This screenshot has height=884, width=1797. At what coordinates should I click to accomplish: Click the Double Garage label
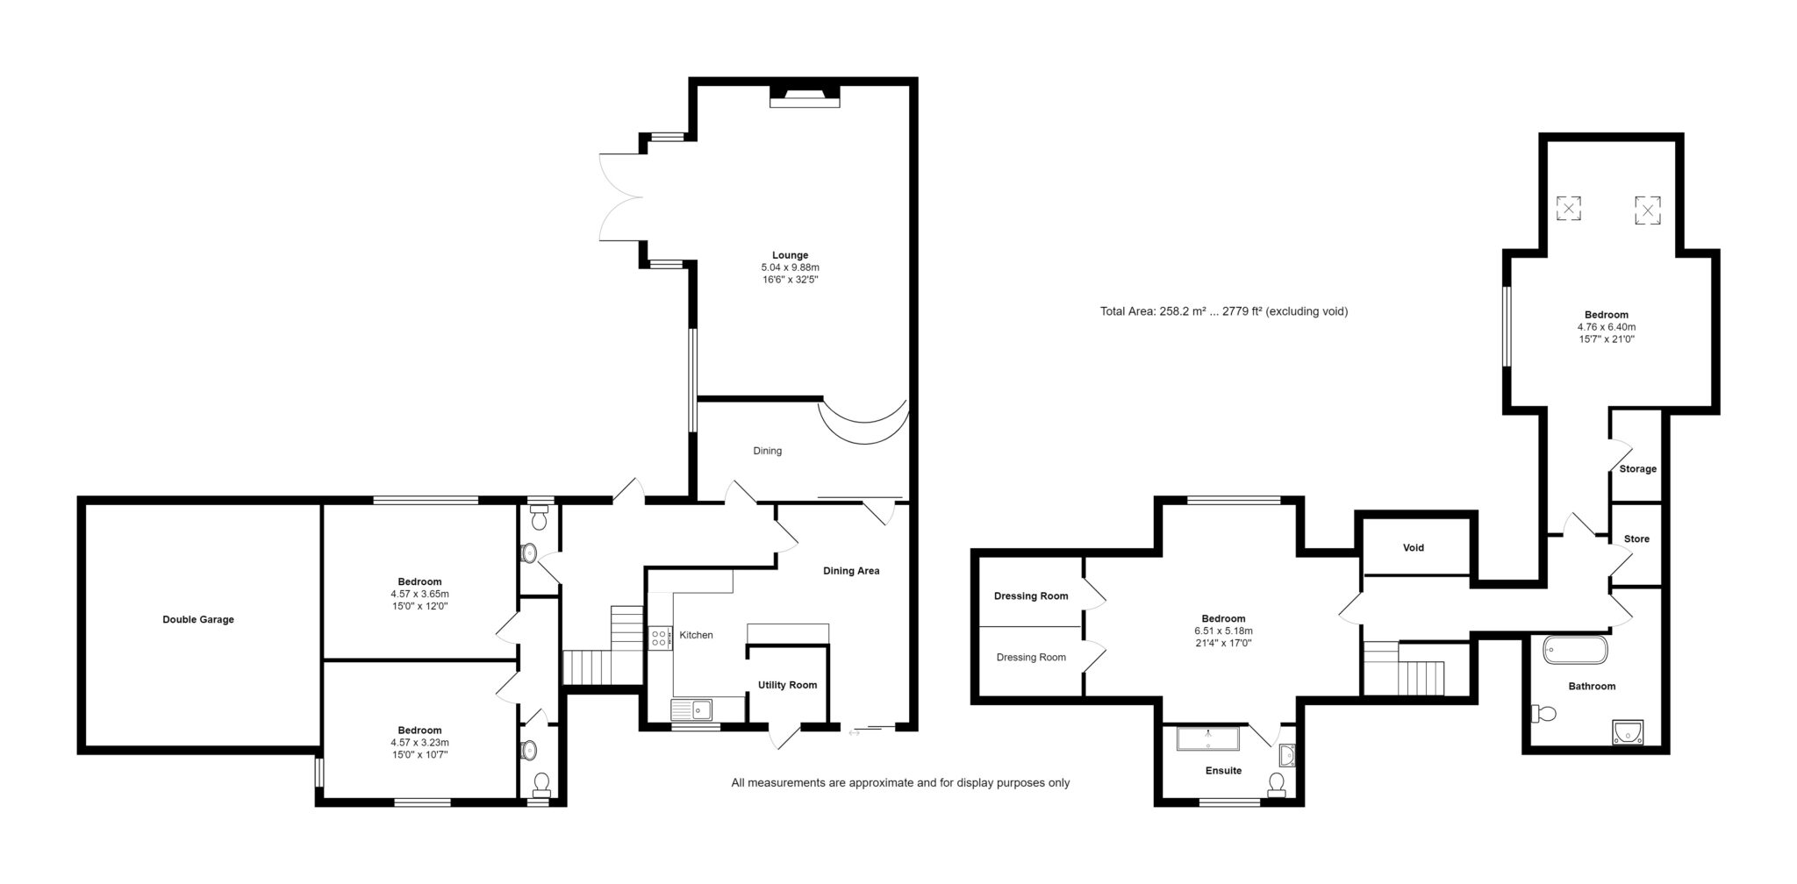[198, 620]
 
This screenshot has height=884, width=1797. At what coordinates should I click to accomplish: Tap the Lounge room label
[790, 255]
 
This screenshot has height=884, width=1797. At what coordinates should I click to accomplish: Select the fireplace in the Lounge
[805, 96]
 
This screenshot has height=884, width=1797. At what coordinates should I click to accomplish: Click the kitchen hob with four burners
[658, 638]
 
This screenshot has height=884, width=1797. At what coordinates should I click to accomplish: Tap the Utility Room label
[787, 686]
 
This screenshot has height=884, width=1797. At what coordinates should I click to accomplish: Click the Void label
[1414, 548]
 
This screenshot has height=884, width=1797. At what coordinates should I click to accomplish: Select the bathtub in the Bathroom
[1575, 651]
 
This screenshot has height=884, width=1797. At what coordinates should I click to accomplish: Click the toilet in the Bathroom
[1543, 714]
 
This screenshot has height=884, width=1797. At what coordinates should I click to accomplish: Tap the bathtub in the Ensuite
[1208, 738]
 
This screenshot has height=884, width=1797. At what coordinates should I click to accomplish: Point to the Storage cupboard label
[1637, 469]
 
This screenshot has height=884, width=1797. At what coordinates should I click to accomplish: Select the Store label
[1636, 539]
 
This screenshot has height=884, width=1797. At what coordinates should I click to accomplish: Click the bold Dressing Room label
[1031, 596]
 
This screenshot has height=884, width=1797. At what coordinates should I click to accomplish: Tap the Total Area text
[1224, 311]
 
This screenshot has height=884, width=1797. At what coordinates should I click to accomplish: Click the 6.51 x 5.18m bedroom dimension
[1223, 631]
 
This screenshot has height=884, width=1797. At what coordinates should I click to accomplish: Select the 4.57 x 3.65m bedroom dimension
[419, 594]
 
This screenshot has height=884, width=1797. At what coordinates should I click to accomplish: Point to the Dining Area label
[851, 571]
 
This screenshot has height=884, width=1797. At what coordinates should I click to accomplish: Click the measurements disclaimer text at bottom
[900, 783]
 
